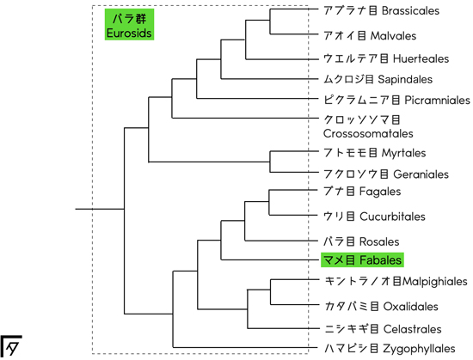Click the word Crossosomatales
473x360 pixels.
(368, 133)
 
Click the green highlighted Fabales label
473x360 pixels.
(362, 259)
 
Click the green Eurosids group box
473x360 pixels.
(129, 24)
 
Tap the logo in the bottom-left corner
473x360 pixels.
(11, 346)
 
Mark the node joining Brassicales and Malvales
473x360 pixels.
(270, 21)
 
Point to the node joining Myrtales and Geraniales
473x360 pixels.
(270, 162)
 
